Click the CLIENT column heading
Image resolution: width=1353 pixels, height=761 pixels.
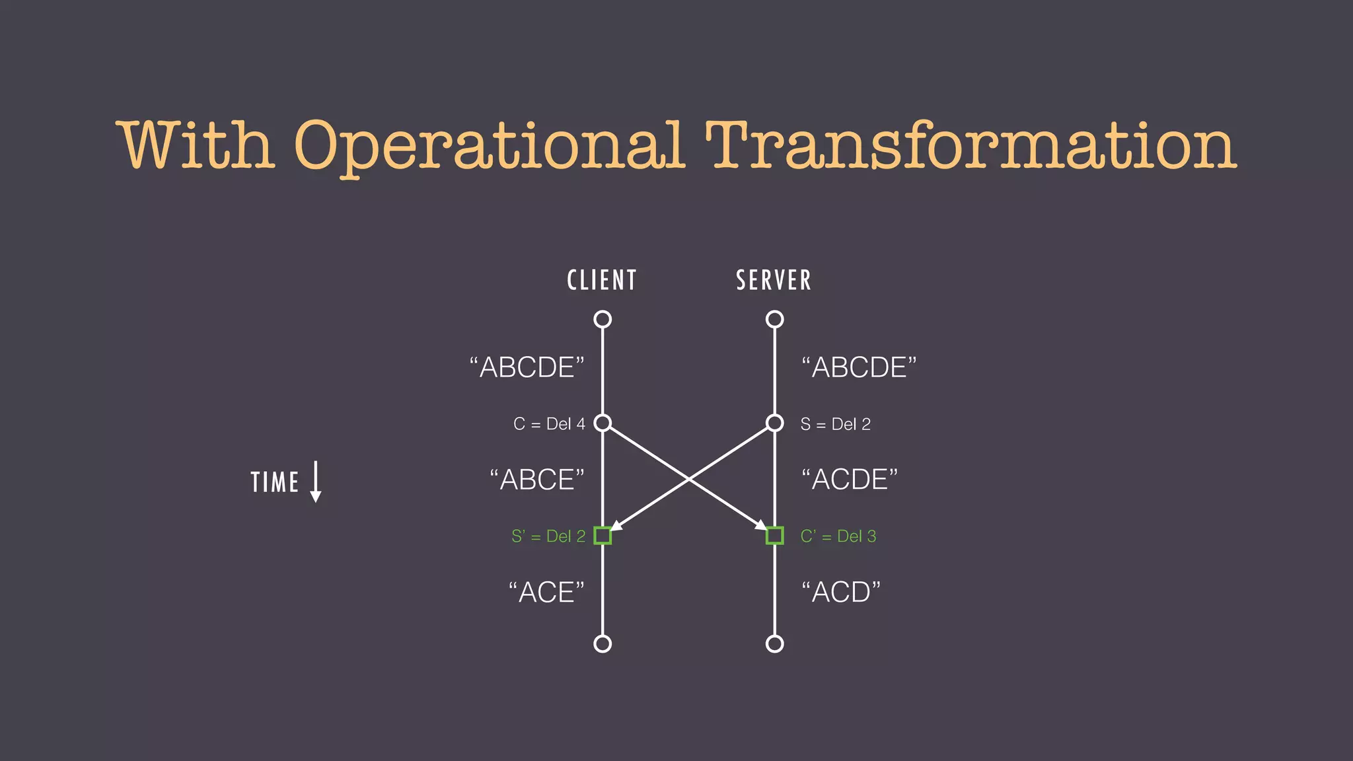point(602,280)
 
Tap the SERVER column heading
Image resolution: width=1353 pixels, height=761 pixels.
point(774,280)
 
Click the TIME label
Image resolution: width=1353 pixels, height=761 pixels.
point(275,482)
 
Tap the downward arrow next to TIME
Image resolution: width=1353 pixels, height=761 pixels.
point(316,482)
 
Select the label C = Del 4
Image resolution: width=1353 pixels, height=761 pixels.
point(549,424)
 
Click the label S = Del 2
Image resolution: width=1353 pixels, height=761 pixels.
point(835,424)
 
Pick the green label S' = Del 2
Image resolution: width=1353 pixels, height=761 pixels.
point(548,536)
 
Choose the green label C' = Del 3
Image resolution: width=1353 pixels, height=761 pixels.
point(838,536)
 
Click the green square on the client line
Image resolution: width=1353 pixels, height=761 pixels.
point(603,536)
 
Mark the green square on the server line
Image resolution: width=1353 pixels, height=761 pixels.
point(775,536)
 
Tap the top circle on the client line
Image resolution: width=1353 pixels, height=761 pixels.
point(603,320)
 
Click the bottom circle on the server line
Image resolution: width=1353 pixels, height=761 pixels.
point(775,643)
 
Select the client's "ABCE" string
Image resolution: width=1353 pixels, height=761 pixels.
point(537,480)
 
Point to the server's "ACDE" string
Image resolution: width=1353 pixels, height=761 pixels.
point(850,480)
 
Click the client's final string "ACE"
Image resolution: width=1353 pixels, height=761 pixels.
point(546,593)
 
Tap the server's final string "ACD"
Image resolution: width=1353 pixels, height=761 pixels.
point(841,593)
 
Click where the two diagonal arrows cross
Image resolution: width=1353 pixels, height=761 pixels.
point(688,478)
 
